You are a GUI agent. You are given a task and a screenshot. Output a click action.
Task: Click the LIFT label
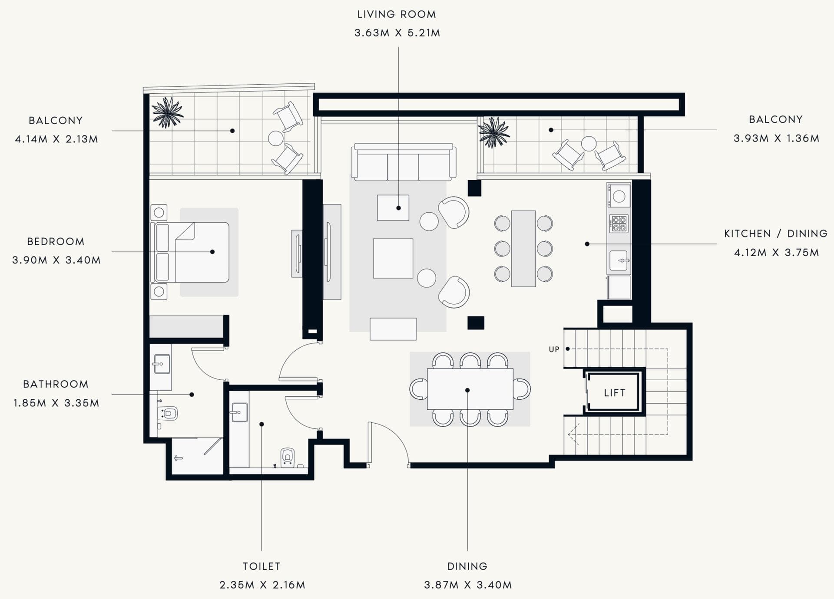614,393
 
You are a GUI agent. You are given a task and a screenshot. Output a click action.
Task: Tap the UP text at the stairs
554,349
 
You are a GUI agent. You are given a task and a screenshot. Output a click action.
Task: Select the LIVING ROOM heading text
396,14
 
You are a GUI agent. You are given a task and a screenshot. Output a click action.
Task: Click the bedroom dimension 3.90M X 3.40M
56,260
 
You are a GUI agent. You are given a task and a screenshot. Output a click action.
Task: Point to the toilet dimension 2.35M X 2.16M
262,585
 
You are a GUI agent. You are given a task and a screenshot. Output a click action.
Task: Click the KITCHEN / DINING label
775,234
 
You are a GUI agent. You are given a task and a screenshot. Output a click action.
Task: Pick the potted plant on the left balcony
167,112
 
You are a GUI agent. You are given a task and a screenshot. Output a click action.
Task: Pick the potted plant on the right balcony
493,132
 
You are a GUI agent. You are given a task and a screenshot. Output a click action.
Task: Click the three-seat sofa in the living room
404,163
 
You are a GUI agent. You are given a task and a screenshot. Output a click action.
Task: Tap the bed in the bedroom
191,252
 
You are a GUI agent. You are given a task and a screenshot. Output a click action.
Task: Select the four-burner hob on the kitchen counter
619,224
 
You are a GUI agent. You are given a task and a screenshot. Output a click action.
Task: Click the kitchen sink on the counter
619,260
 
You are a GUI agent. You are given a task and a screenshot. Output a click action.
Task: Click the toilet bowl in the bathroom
169,413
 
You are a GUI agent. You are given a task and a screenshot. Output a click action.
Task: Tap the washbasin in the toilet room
239,412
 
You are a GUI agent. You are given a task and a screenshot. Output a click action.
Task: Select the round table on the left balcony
276,138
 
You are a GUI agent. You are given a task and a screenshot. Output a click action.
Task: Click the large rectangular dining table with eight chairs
470,389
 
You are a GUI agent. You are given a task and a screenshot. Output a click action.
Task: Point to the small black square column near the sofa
474,188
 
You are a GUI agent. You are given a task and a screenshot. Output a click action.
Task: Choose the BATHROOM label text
56,384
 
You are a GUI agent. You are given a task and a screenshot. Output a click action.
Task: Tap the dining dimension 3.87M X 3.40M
468,585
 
